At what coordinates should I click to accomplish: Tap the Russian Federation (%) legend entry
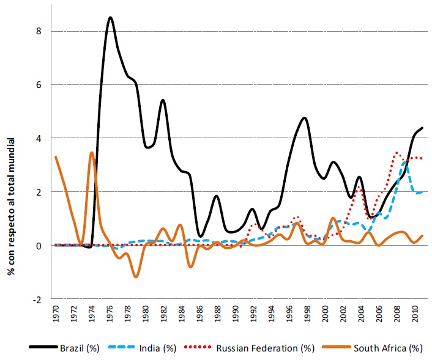pos(265,348)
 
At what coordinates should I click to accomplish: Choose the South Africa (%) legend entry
pos(387,348)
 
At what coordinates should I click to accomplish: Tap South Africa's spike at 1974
pos(92,152)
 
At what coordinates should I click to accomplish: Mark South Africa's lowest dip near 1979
pos(136,277)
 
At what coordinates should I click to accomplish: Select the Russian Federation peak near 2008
pos(397,152)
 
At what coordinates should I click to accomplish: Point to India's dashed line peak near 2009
pos(404,163)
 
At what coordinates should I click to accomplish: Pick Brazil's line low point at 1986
pos(200,236)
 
